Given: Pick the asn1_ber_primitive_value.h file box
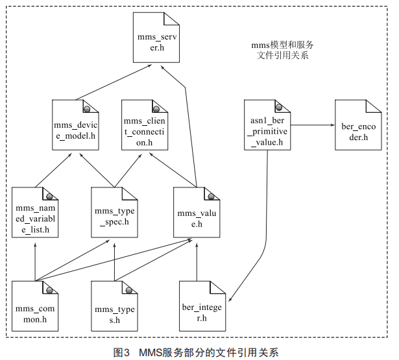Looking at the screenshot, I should click(267, 125).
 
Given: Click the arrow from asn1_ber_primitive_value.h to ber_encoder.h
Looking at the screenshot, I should click(311, 125).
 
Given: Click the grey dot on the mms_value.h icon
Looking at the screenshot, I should click(208, 195).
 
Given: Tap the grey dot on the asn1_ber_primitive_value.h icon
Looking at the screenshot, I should click(279, 106).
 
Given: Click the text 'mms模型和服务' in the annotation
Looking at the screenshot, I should click(282, 45).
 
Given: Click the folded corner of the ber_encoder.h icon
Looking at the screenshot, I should click(376, 105).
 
